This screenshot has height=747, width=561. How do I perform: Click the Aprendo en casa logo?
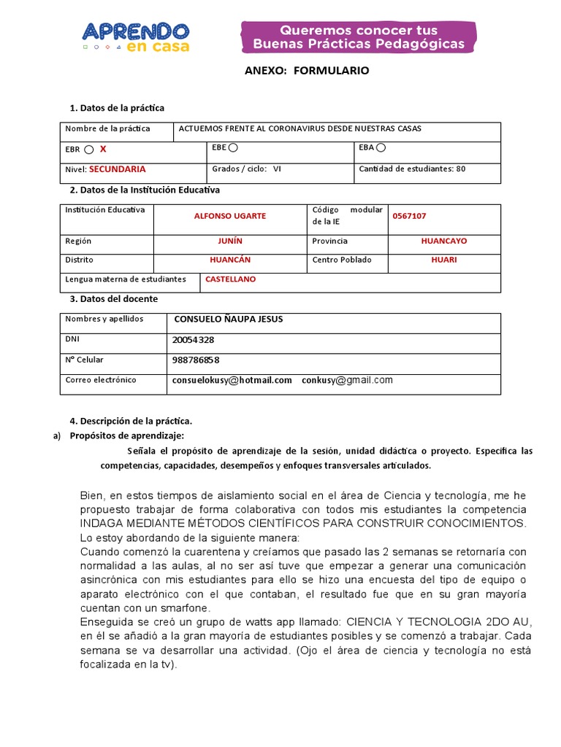pyautogui.click(x=136, y=36)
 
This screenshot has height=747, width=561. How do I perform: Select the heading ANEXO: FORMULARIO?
pyautogui.click(x=306, y=71)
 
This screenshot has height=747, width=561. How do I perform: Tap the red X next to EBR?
pyautogui.click(x=103, y=149)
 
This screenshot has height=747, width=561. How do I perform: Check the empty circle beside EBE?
pyautogui.click(x=233, y=148)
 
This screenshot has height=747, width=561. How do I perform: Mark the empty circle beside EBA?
pyautogui.click(x=381, y=148)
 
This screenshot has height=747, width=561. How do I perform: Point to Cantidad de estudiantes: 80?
pyautogui.click(x=412, y=169)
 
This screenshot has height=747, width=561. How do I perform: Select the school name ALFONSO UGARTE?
pyautogui.click(x=230, y=216)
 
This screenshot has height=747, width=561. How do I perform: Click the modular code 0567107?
pyautogui.click(x=409, y=216)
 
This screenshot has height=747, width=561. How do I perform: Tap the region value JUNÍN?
pyautogui.click(x=230, y=241)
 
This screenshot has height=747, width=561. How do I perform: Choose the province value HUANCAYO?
pyautogui.click(x=444, y=241)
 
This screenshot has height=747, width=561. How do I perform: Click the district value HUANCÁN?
pyautogui.click(x=230, y=260)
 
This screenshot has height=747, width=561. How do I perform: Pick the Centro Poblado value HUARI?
pyautogui.click(x=444, y=260)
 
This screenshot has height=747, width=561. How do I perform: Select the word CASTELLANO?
pyautogui.click(x=230, y=279)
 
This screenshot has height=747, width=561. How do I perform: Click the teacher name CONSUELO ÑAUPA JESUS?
pyautogui.click(x=228, y=320)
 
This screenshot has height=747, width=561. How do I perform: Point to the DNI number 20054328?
pyautogui.click(x=193, y=340)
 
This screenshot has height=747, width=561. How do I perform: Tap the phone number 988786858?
pyautogui.click(x=196, y=360)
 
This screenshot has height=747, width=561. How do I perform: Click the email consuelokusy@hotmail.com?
pyautogui.click(x=232, y=380)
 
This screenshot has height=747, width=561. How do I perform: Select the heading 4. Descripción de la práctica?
pyautogui.click(x=131, y=421)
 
